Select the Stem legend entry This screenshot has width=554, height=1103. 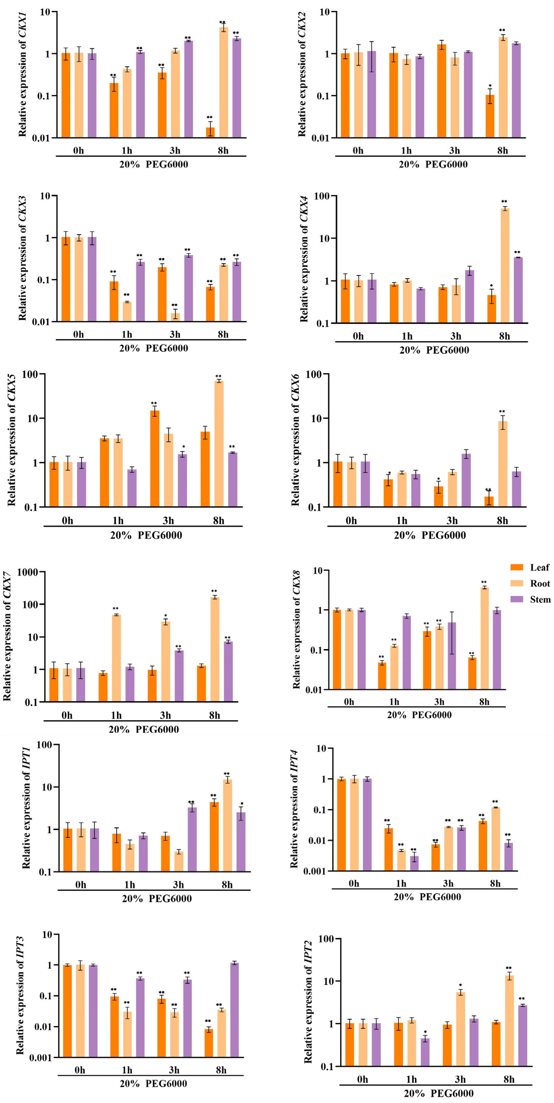pyautogui.click(x=540, y=599)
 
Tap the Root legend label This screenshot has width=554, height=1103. pyautogui.click(x=540, y=584)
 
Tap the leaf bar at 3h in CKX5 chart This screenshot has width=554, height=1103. pyautogui.click(x=154, y=458)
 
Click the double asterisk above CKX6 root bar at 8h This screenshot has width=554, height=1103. pyautogui.click(x=502, y=412)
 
